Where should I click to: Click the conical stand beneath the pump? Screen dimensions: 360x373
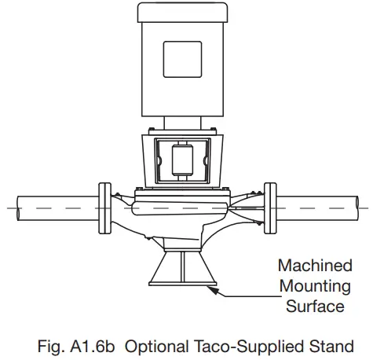click(181, 271)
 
